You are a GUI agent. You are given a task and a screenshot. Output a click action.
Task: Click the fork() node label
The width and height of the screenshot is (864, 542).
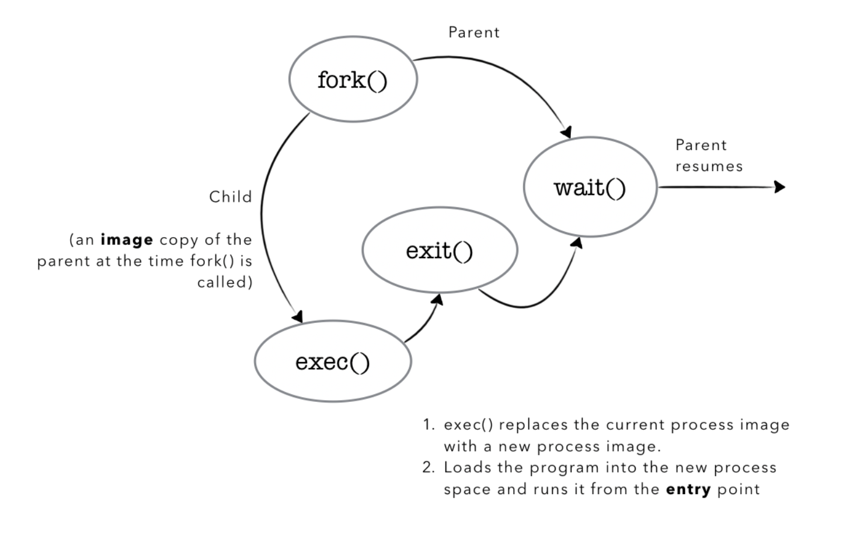pyautogui.click(x=352, y=80)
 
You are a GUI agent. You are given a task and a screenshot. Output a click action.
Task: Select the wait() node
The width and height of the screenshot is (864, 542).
pyautogui.click(x=590, y=187)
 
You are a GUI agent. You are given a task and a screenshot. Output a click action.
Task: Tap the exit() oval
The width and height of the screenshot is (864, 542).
pyautogui.click(x=439, y=251)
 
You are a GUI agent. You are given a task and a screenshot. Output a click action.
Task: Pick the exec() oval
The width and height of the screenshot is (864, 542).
pyautogui.click(x=332, y=362)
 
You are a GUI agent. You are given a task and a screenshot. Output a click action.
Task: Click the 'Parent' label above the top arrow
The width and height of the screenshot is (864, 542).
pyautogui.click(x=473, y=32)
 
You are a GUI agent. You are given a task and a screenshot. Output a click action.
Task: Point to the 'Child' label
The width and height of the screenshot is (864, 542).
pyautogui.click(x=230, y=197)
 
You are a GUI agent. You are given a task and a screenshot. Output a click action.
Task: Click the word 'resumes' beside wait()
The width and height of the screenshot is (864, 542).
pyautogui.click(x=709, y=166)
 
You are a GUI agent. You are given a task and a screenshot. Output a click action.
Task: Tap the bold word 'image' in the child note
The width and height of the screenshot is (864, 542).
pyautogui.click(x=127, y=240)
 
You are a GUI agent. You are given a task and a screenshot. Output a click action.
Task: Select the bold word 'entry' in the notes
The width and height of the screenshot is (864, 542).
pyautogui.click(x=688, y=489)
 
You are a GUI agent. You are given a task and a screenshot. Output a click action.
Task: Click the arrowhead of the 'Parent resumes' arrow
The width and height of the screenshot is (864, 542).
pyautogui.click(x=780, y=187)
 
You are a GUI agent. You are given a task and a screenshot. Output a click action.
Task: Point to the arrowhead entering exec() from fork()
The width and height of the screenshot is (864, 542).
pyautogui.click(x=298, y=317)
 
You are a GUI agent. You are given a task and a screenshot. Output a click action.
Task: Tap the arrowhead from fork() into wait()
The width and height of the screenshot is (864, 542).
pyautogui.click(x=565, y=132)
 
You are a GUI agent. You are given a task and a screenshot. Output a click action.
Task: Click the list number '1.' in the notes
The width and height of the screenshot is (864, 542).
pyautogui.click(x=429, y=425)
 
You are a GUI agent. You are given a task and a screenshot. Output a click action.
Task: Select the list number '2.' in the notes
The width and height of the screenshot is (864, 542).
pyautogui.click(x=429, y=468)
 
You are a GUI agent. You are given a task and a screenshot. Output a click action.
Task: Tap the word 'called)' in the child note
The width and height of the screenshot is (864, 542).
pyautogui.click(x=225, y=283)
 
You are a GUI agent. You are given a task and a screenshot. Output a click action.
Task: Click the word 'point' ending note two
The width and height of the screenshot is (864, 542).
pyautogui.click(x=738, y=489)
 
